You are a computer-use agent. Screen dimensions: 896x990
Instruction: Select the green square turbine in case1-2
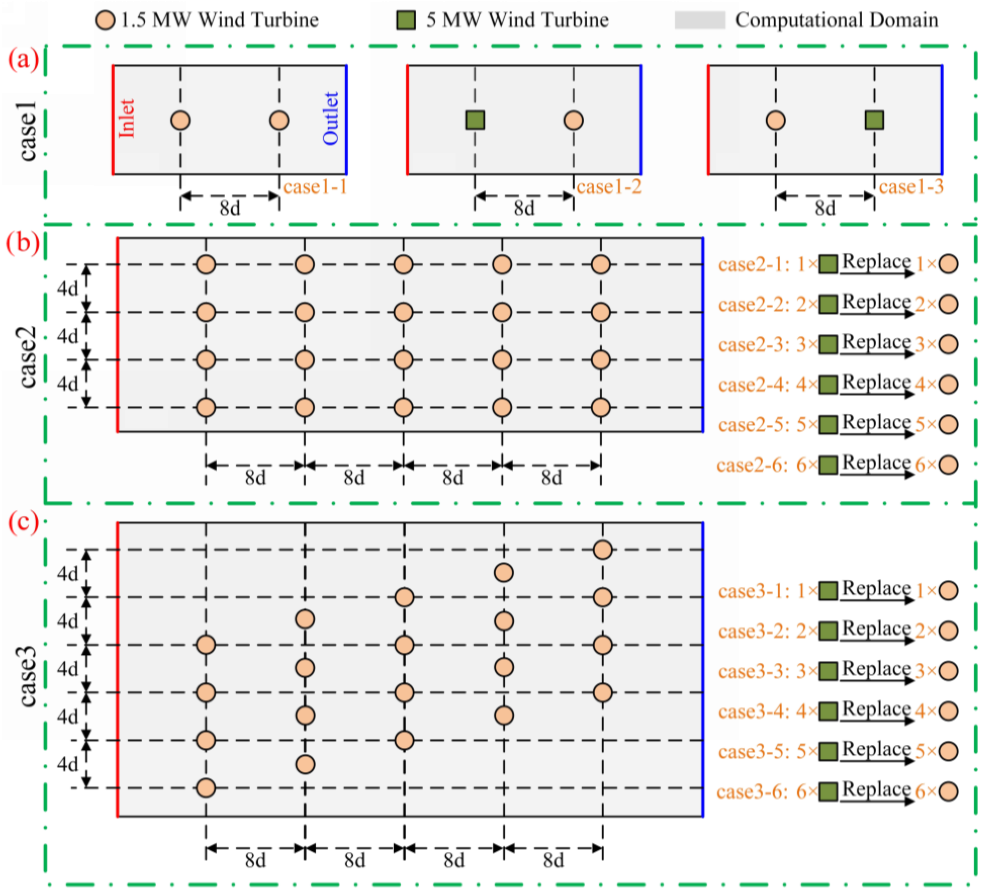tap(475, 120)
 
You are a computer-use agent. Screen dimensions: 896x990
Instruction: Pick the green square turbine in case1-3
tap(874, 120)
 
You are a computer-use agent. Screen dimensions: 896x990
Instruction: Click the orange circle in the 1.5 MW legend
tap(105, 20)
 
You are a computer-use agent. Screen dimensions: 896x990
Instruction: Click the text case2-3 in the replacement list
tap(753, 345)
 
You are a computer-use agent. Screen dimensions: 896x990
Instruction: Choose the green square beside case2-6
tap(828, 465)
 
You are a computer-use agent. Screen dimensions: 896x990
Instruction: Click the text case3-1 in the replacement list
tap(753, 591)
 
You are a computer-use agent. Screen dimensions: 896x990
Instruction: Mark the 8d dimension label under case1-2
tap(524, 208)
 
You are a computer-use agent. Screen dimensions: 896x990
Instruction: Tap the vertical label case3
tap(28, 676)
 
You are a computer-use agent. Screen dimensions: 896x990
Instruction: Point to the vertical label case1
tap(28, 131)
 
